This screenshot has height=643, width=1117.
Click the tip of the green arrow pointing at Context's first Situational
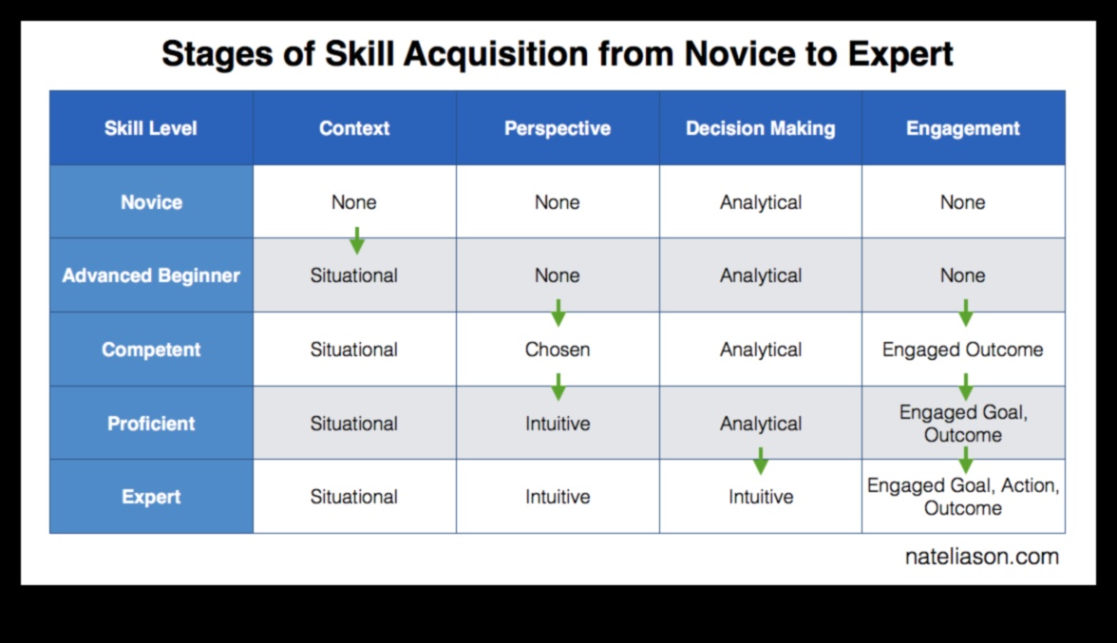(x=357, y=255)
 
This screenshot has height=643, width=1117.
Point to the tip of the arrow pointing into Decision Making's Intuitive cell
(x=761, y=475)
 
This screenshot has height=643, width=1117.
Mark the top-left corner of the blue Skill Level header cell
(x=49, y=90)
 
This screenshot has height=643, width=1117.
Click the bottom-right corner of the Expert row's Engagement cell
(x=1065, y=533)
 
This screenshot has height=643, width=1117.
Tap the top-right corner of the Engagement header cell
(x=1065, y=90)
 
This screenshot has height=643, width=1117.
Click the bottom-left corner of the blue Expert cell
(x=49, y=533)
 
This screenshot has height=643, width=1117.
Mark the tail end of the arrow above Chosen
(x=558, y=300)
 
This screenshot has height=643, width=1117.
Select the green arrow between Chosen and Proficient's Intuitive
(x=558, y=387)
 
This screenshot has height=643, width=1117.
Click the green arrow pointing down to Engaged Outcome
(x=965, y=313)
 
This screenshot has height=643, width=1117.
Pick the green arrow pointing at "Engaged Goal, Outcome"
(x=965, y=387)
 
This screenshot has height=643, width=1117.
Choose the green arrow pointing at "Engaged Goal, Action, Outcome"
(x=965, y=461)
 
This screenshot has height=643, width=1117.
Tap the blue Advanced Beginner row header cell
(x=151, y=275)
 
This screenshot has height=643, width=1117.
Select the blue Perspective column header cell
(x=558, y=128)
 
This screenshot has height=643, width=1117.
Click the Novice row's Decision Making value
(x=761, y=203)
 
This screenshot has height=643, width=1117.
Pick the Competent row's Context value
(x=354, y=350)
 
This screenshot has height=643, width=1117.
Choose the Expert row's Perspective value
(x=558, y=497)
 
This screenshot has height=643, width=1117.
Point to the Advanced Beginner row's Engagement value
(x=963, y=275)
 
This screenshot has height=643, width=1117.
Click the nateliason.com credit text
(x=982, y=557)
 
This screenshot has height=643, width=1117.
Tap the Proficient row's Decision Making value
(x=761, y=425)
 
